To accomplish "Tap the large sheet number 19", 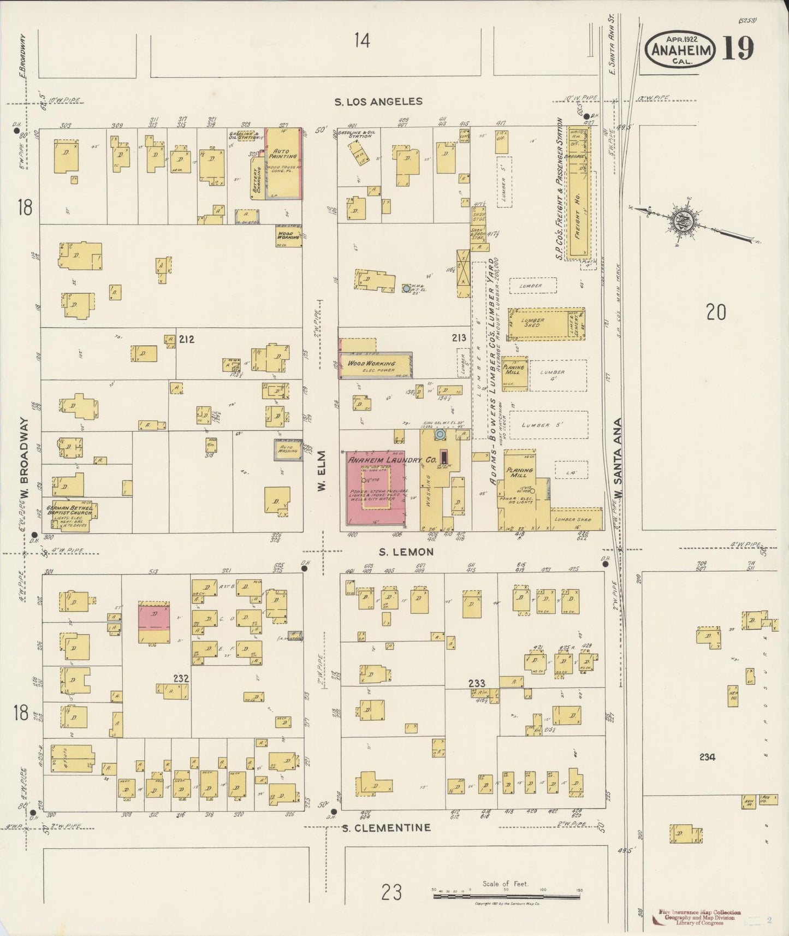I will coord(738,48).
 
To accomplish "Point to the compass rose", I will coord(685,221).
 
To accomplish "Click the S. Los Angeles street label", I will coord(378,102).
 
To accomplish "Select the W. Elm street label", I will coord(322,470).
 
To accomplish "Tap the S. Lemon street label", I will coord(406,552).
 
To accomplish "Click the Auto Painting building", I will coord(284,163).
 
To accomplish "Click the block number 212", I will coord(186,339).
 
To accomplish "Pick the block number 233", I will coord(477,683).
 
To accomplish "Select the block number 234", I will coord(707,757).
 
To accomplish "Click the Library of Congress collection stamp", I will coord(699,917).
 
